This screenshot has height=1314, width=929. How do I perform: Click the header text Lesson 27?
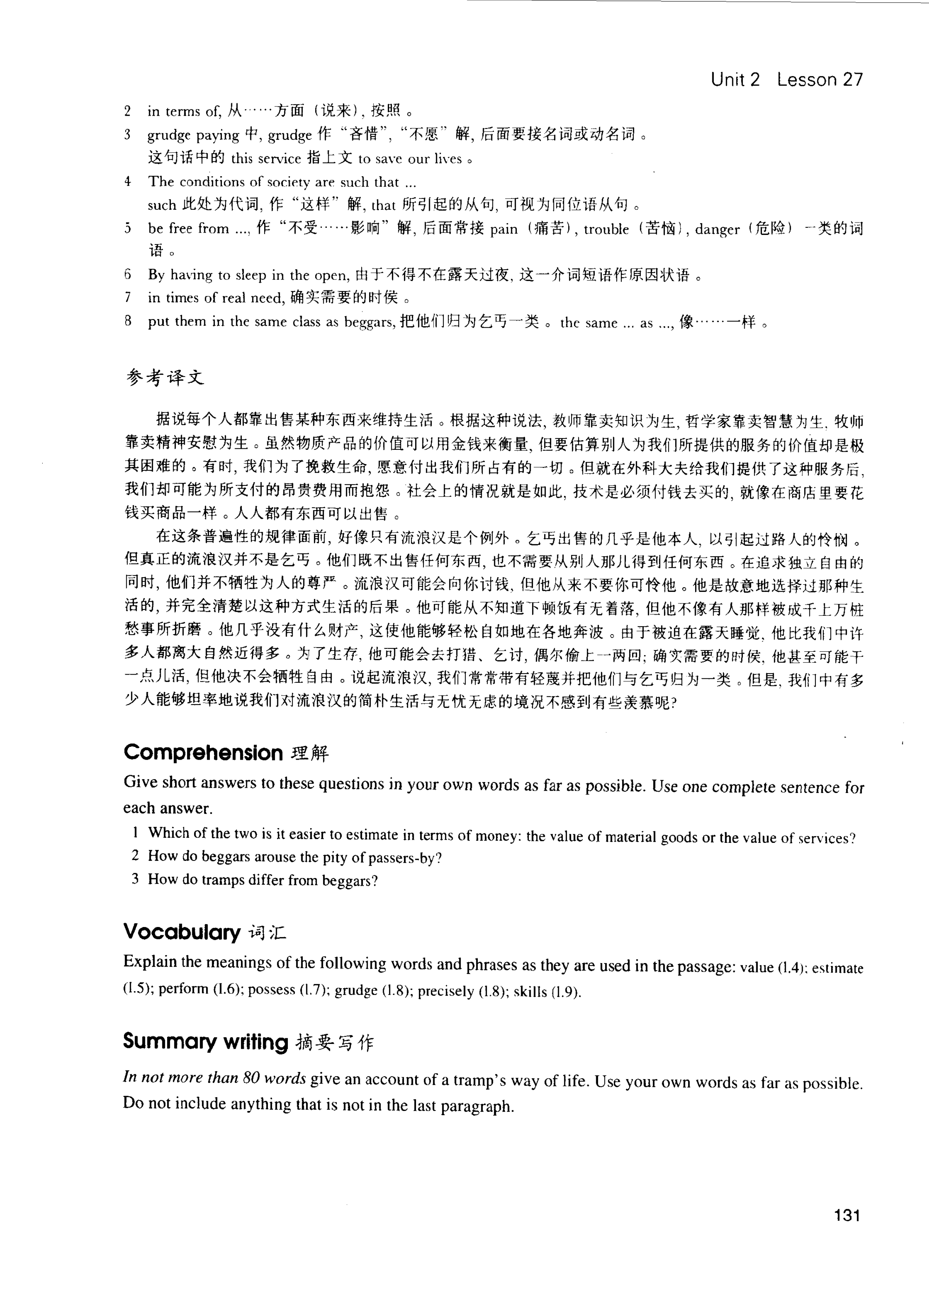819,79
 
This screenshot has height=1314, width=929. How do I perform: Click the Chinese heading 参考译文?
165,378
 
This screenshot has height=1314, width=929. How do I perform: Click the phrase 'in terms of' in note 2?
183,111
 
